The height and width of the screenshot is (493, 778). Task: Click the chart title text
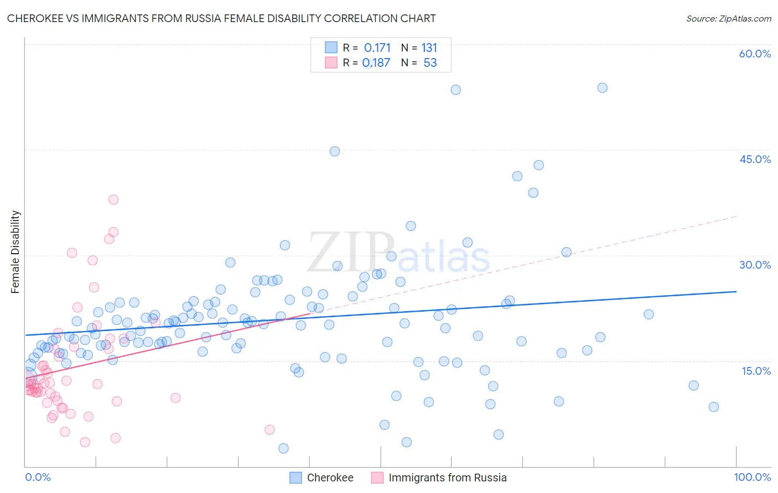click(x=221, y=18)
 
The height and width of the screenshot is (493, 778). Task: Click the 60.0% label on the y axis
click(x=755, y=54)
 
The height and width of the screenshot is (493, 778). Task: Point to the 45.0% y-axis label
click(x=755, y=159)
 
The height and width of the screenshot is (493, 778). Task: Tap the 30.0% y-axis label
click(x=755, y=265)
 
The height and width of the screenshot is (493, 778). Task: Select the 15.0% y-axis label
click(x=756, y=371)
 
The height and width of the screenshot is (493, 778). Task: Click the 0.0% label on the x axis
click(x=38, y=477)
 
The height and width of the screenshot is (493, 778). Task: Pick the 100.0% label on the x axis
click(x=752, y=477)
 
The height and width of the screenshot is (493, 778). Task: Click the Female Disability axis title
click(x=15, y=251)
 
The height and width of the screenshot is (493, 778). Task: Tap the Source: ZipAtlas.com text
click(x=728, y=18)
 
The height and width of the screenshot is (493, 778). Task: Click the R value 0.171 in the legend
click(x=377, y=48)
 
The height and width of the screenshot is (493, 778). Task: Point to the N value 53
click(x=430, y=62)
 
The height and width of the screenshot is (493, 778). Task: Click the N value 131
click(x=429, y=48)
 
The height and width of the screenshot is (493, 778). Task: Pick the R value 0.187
click(x=376, y=62)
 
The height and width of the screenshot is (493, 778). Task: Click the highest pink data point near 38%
click(x=113, y=200)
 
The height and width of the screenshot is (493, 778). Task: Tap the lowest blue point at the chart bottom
click(x=283, y=448)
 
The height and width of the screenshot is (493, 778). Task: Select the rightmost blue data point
click(x=713, y=407)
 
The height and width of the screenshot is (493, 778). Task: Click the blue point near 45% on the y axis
click(x=334, y=151)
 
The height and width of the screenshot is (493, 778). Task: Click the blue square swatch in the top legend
click(x=331, y=48)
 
